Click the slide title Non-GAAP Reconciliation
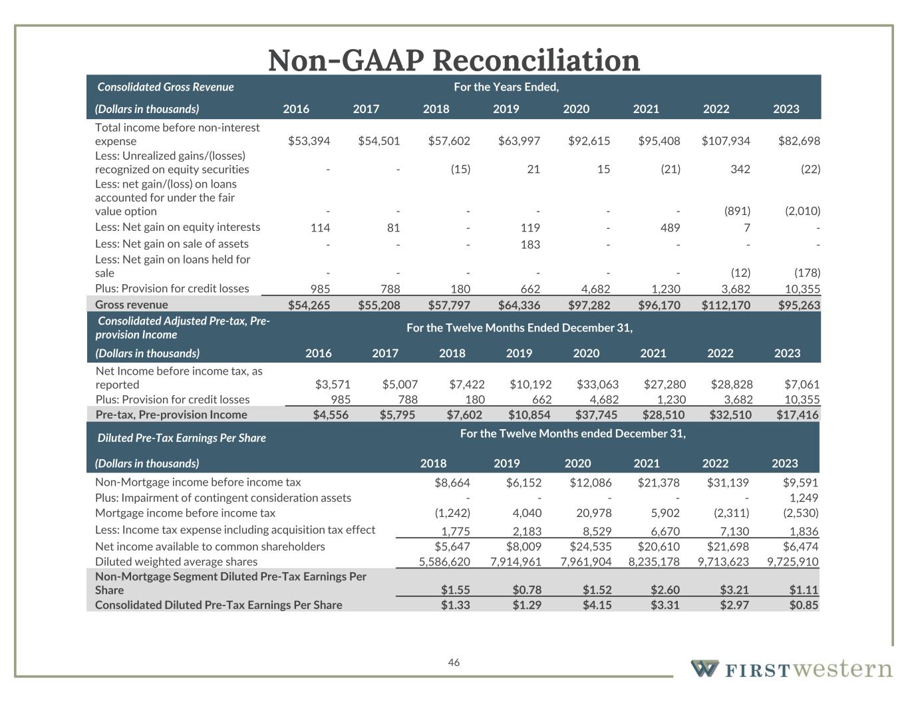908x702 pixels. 454,60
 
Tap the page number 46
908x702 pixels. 454,662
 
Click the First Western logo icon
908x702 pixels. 704,668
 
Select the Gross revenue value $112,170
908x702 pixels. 726,305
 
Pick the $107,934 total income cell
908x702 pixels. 726,141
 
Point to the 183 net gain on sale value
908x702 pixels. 530,244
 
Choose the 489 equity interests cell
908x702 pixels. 670,228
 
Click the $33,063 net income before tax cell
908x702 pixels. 597,385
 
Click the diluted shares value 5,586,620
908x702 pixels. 444,562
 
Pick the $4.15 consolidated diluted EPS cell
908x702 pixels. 597,605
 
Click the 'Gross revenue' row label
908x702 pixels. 132,305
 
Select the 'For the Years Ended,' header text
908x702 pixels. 506,87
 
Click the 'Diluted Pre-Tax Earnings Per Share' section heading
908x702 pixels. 182,438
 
